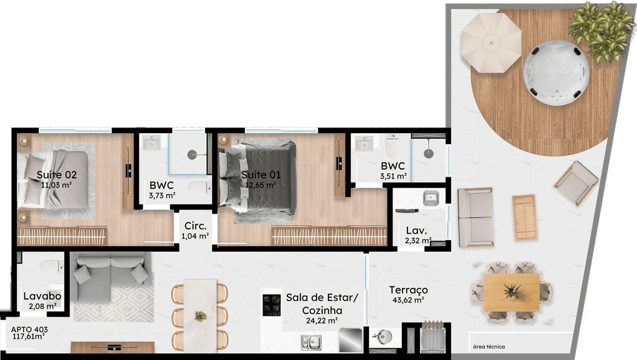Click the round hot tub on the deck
coord(556,73)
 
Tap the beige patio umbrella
coord(491,42)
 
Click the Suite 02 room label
coord(57,175)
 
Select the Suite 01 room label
coord(261,175)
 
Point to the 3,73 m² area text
coord(162,196)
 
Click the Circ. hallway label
coord(195,226)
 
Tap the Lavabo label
coord(42,296)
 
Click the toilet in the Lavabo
coord(51,267)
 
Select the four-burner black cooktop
coord(271,305)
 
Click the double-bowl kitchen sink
coord(311,343)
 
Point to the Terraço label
coord(408,290)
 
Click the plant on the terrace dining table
coord(513,290)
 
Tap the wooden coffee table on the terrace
coord(524,217)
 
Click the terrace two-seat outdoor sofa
coord(476,217)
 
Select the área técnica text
coord(489,346)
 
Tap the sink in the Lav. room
coord(430,198)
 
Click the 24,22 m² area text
coord(322,321)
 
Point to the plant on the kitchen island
coord(201,316)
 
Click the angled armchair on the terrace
coord(576,183)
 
